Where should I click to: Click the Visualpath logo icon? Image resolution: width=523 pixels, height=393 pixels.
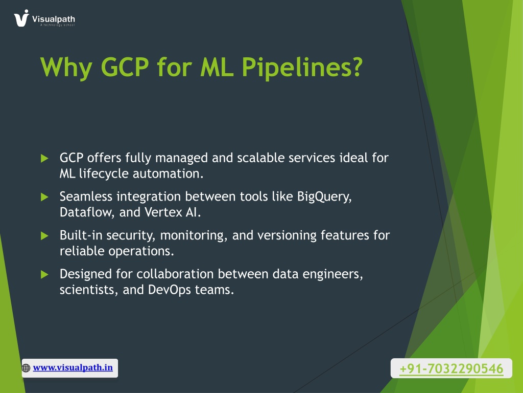(21, 18)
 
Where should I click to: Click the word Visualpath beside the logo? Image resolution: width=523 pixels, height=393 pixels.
(53, 19)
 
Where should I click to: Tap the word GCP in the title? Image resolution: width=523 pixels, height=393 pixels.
(125, 67)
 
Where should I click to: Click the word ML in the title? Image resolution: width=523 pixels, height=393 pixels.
(217, 67)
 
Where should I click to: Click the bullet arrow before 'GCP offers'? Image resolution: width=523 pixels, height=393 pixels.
(44, 158)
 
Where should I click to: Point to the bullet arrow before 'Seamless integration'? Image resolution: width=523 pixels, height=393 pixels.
(44, 197)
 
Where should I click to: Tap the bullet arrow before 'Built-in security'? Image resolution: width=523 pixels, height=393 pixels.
(44, 235)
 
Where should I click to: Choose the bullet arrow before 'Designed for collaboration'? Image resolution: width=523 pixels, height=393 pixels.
(44, 274)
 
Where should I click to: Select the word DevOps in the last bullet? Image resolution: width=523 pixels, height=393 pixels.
(170, 290)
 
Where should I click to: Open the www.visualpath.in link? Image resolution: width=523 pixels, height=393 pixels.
(73, 367)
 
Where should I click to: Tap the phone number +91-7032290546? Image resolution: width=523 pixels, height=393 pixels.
(451, 368)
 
